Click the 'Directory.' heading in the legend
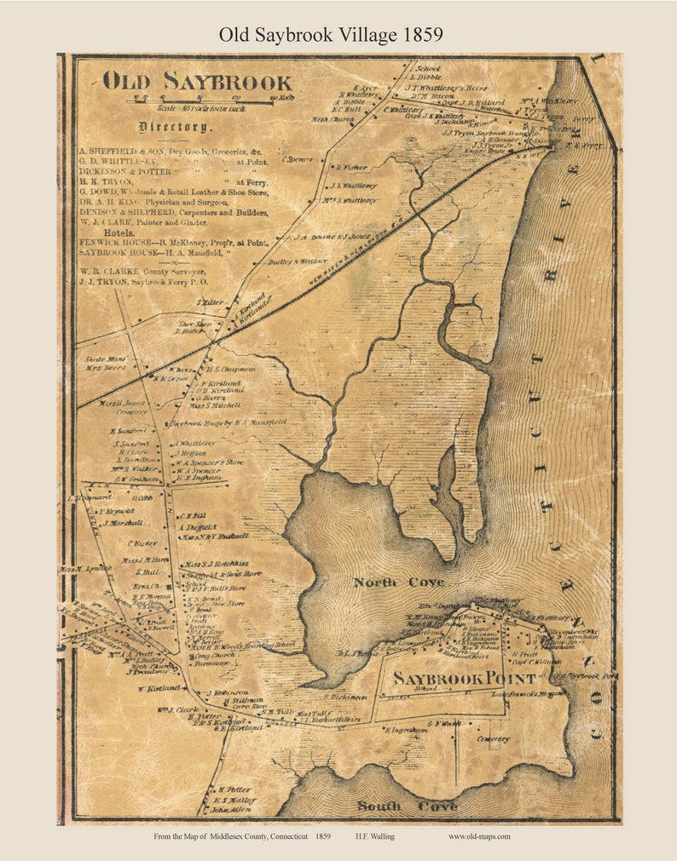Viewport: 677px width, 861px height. click(x=174, y=127)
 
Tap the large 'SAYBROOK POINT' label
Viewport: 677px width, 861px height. click(x=465, y=679)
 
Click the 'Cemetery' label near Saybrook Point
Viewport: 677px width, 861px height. click(x=493, y=739)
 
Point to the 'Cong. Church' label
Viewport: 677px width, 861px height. click(x=213, y=657)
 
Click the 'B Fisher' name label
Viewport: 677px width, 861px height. click(x=351, y=168)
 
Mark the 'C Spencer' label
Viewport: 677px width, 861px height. click(x=298, y=159)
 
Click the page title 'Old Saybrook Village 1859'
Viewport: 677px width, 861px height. click(x=331, y=34)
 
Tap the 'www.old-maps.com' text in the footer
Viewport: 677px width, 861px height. click(x=479, y=837)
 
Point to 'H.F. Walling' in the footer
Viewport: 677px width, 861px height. click(x=375, y=837)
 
